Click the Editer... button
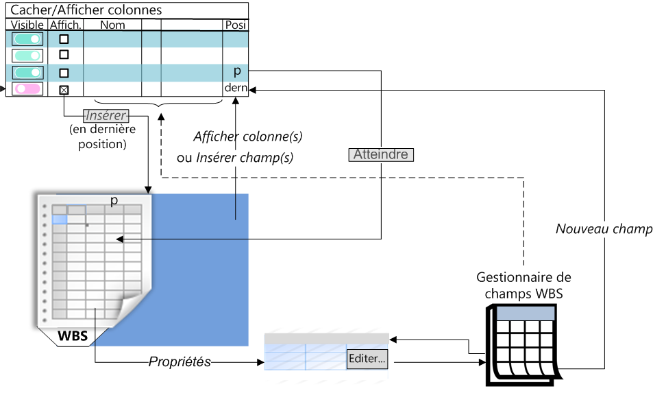(367, 358)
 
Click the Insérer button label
(106, 115)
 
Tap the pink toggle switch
(27, 89)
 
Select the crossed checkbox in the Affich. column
(64, 89)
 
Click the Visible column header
(27, 25)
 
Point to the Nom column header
(112, 25)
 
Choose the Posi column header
(236, 25)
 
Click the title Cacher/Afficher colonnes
(86, 10)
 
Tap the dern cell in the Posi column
(236, 88)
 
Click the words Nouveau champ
(604, 229)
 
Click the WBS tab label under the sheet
(73, 336)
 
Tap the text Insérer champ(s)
(245, 158)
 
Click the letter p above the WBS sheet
(114, 200)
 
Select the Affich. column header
(66, 25)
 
